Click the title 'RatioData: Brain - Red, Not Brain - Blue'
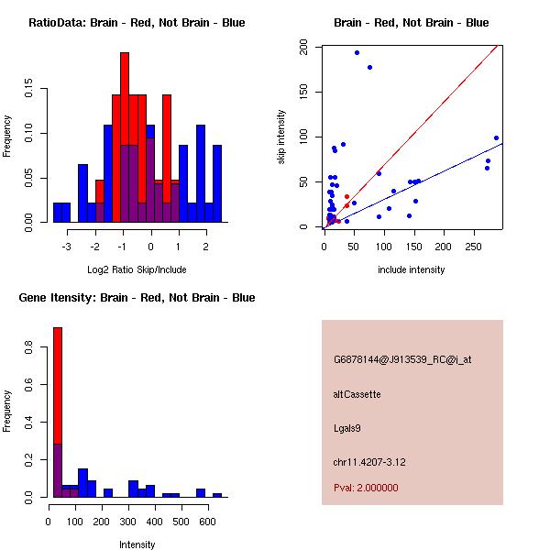(x=137, y=23)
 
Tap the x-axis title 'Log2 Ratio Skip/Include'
(x=137, y=269)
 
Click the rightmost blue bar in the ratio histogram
(x=216, y=182)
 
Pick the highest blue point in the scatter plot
(x=357, y=52)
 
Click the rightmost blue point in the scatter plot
(x=496, y=138)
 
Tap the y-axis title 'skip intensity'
(x=281, y=137)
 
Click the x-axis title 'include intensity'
(x=412, y=269)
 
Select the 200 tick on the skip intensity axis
(x=306, y=48)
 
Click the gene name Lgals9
(x=347, y=427)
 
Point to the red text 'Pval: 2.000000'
(x=366, y=488)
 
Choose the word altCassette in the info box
(x=357, y=394)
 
